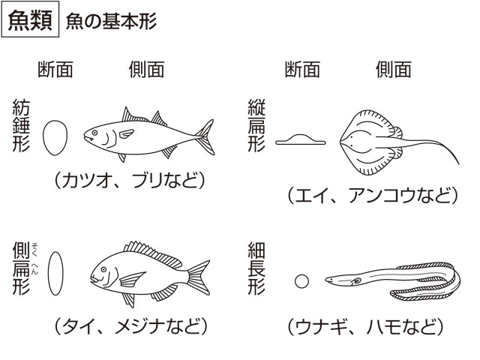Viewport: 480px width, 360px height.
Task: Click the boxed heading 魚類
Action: coord(30,19)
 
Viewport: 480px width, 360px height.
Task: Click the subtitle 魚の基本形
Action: coord(111,22)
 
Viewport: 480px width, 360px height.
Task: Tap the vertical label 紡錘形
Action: coord(21,125)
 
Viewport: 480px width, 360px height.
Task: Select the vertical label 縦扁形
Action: coord(256,125)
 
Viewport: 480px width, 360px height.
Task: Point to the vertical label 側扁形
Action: coord(21,268)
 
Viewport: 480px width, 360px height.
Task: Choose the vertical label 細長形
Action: coord(256,268)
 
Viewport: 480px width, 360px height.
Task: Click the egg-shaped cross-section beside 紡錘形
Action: coord(55,137)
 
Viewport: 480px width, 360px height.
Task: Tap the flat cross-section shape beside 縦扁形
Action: coord(300,139)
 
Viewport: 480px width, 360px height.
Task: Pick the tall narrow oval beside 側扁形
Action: coord(55,273)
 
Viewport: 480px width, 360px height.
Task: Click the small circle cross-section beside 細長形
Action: coord(301,281)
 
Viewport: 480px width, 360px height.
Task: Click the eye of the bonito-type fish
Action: coord(94,133)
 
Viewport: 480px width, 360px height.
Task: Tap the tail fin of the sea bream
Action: coord(199,277)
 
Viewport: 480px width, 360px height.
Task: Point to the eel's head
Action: coord(335,279)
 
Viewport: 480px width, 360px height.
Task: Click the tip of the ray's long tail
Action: coord(458,164)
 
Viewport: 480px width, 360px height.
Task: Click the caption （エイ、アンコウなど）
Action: coord(373,196)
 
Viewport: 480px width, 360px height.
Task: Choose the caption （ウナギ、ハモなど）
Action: coord(365,326)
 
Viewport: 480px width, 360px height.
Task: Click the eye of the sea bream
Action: coord(103,269)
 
